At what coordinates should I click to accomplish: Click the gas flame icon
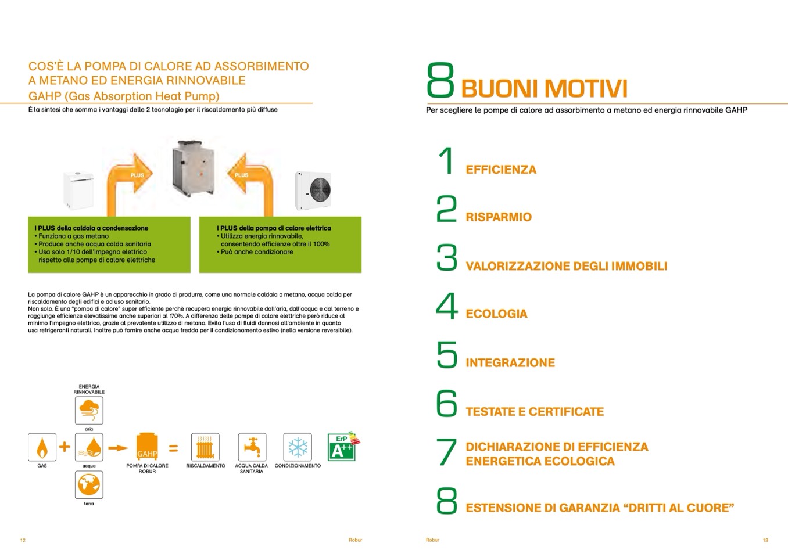point(42,447)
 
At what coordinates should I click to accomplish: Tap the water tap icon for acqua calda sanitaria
point(252,447)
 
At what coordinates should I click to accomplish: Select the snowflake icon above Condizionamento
point(298,447)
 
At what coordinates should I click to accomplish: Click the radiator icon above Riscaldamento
point(205,447)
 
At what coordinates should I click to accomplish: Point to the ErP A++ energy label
point(342,447)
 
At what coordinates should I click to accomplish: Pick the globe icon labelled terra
point(89,485)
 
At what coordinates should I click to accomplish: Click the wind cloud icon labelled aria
point(89,410)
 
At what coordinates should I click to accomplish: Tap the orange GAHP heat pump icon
point(147,447)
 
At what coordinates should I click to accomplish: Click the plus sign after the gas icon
point(65,447)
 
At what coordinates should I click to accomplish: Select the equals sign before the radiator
point(173,448)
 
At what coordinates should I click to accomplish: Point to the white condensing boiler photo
point(78,190)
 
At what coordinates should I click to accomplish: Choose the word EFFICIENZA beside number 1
point(501,170)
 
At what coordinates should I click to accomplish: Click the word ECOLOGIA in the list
point(496,314)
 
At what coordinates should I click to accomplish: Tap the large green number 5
point(447,355)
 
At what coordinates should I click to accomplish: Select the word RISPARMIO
point(499,217)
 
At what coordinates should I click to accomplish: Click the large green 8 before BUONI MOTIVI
point(440,81)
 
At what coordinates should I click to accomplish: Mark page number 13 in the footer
point(765,540)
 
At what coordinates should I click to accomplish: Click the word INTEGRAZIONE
point(510,363)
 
